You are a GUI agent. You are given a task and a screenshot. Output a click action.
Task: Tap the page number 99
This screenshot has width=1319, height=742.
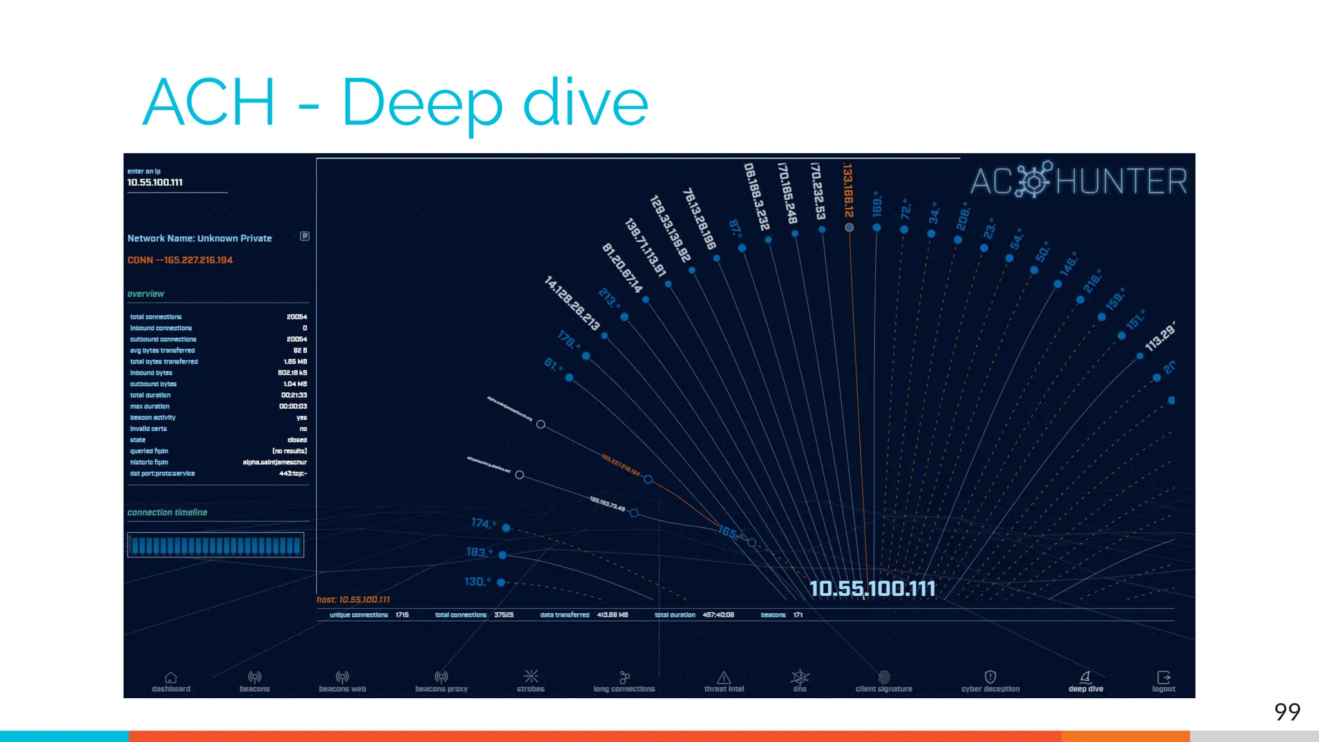(x=1287, y=712)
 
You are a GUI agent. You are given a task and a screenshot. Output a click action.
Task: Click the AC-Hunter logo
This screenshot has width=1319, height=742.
(x=1079, y=180)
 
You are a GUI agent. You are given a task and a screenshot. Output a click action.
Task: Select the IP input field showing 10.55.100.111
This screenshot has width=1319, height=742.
(x=176, y=182)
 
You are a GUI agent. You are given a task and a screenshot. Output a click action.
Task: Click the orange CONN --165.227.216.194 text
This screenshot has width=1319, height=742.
(x=180, y=260)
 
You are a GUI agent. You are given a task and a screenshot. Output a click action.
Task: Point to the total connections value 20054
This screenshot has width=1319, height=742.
(x=296, y=317)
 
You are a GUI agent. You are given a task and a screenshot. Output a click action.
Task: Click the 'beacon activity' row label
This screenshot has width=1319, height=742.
(x=153, y=417)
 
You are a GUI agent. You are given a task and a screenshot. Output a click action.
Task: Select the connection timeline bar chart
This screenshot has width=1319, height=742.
(x=216, y=545)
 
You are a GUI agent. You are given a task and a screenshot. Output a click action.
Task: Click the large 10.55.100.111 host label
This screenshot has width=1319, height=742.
(x=872, y=589)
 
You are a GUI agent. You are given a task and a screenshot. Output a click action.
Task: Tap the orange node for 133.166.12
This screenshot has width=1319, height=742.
(x=849, y=227)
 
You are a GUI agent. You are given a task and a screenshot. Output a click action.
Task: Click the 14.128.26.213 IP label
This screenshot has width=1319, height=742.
(x=572, y=303)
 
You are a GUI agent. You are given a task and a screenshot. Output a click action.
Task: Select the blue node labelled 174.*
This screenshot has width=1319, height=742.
(x=506, y=528)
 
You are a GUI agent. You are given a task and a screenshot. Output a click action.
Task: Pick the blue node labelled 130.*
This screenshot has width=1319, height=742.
(x=501, y=582)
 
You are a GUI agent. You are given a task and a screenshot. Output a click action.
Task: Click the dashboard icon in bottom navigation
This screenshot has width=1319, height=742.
(x=171, y=678)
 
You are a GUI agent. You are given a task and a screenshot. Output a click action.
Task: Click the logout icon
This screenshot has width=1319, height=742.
(x=1163, y=678)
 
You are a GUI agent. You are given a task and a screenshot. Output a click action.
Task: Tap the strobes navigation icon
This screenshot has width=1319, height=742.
(x=531, y=676)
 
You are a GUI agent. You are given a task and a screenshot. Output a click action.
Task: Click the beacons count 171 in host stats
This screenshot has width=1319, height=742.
(x=798, y=615)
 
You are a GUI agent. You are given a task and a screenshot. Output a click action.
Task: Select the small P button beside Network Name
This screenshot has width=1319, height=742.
(x=305, y=236)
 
